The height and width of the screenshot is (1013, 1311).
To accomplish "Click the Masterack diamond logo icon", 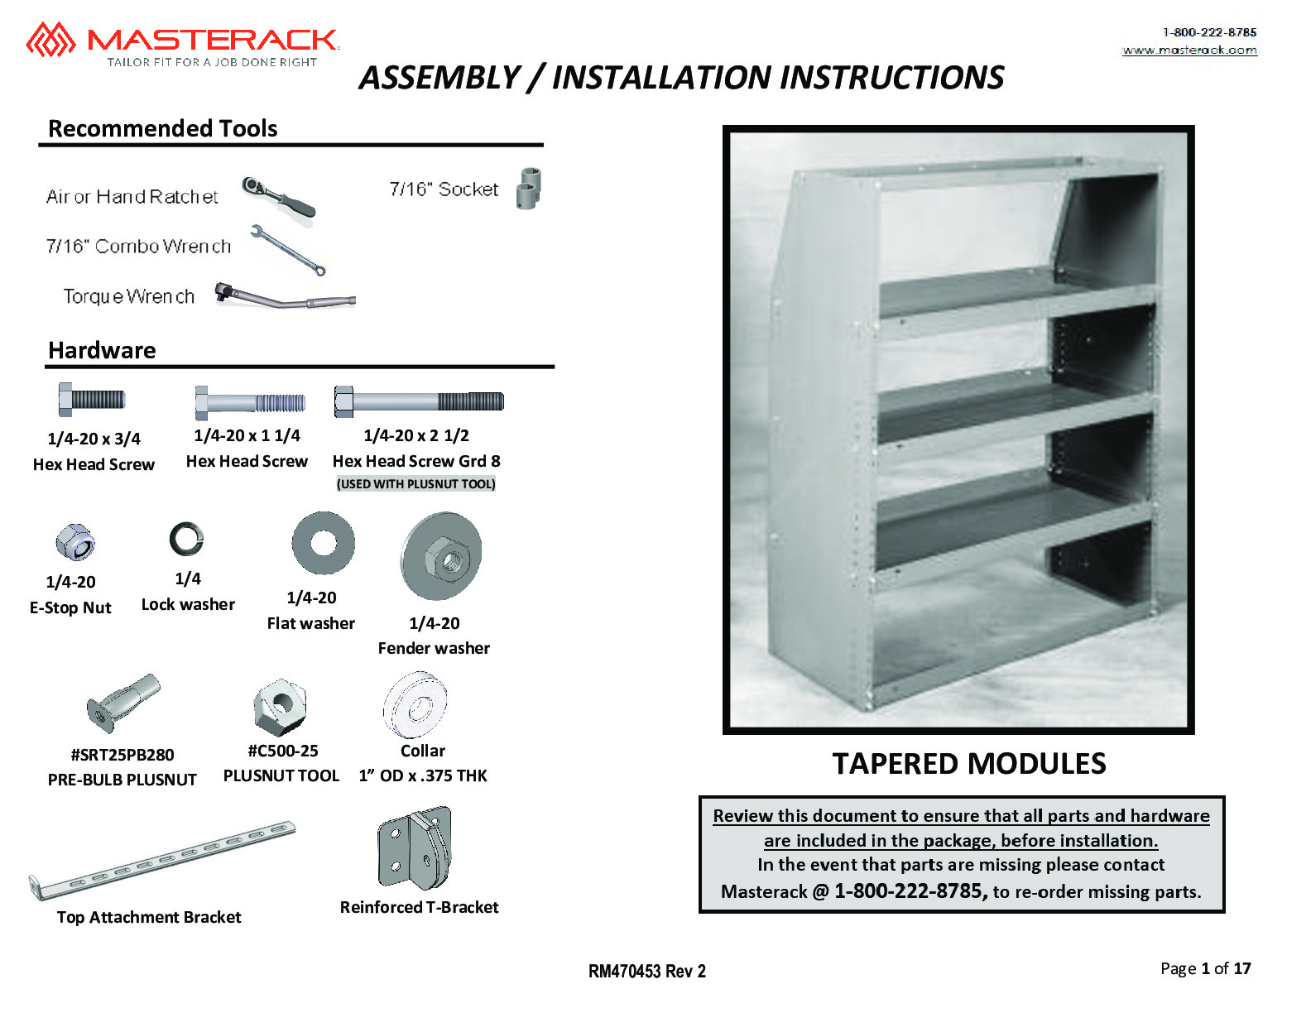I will point(50,39).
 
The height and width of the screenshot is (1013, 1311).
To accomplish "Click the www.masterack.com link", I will point(1189,50).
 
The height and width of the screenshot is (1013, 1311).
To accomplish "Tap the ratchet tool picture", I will point(278,196).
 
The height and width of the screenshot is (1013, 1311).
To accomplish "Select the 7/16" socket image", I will point(528,188).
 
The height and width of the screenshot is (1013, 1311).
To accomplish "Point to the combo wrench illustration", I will point(288,249).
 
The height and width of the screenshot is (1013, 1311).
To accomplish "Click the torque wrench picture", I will point(284,297).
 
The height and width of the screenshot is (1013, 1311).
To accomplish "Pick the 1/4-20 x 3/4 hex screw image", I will point(91,400).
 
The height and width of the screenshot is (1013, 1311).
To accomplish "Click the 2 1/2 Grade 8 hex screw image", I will point(419,402).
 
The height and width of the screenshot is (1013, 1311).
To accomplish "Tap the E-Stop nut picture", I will point(74,542).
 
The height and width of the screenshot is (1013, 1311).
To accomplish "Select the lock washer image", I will point(186,539).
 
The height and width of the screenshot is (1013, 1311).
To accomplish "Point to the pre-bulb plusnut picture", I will point(122,703).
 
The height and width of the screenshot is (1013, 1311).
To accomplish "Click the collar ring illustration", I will point(415,706).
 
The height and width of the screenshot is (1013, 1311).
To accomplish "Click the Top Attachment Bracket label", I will point(149,917).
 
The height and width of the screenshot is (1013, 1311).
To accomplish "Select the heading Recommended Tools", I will point(163,128).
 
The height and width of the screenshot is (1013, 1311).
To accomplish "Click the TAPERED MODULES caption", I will point(968,763).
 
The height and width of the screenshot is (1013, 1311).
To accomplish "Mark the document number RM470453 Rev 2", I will point(646,971).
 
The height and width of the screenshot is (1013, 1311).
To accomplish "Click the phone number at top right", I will point(1209,32).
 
